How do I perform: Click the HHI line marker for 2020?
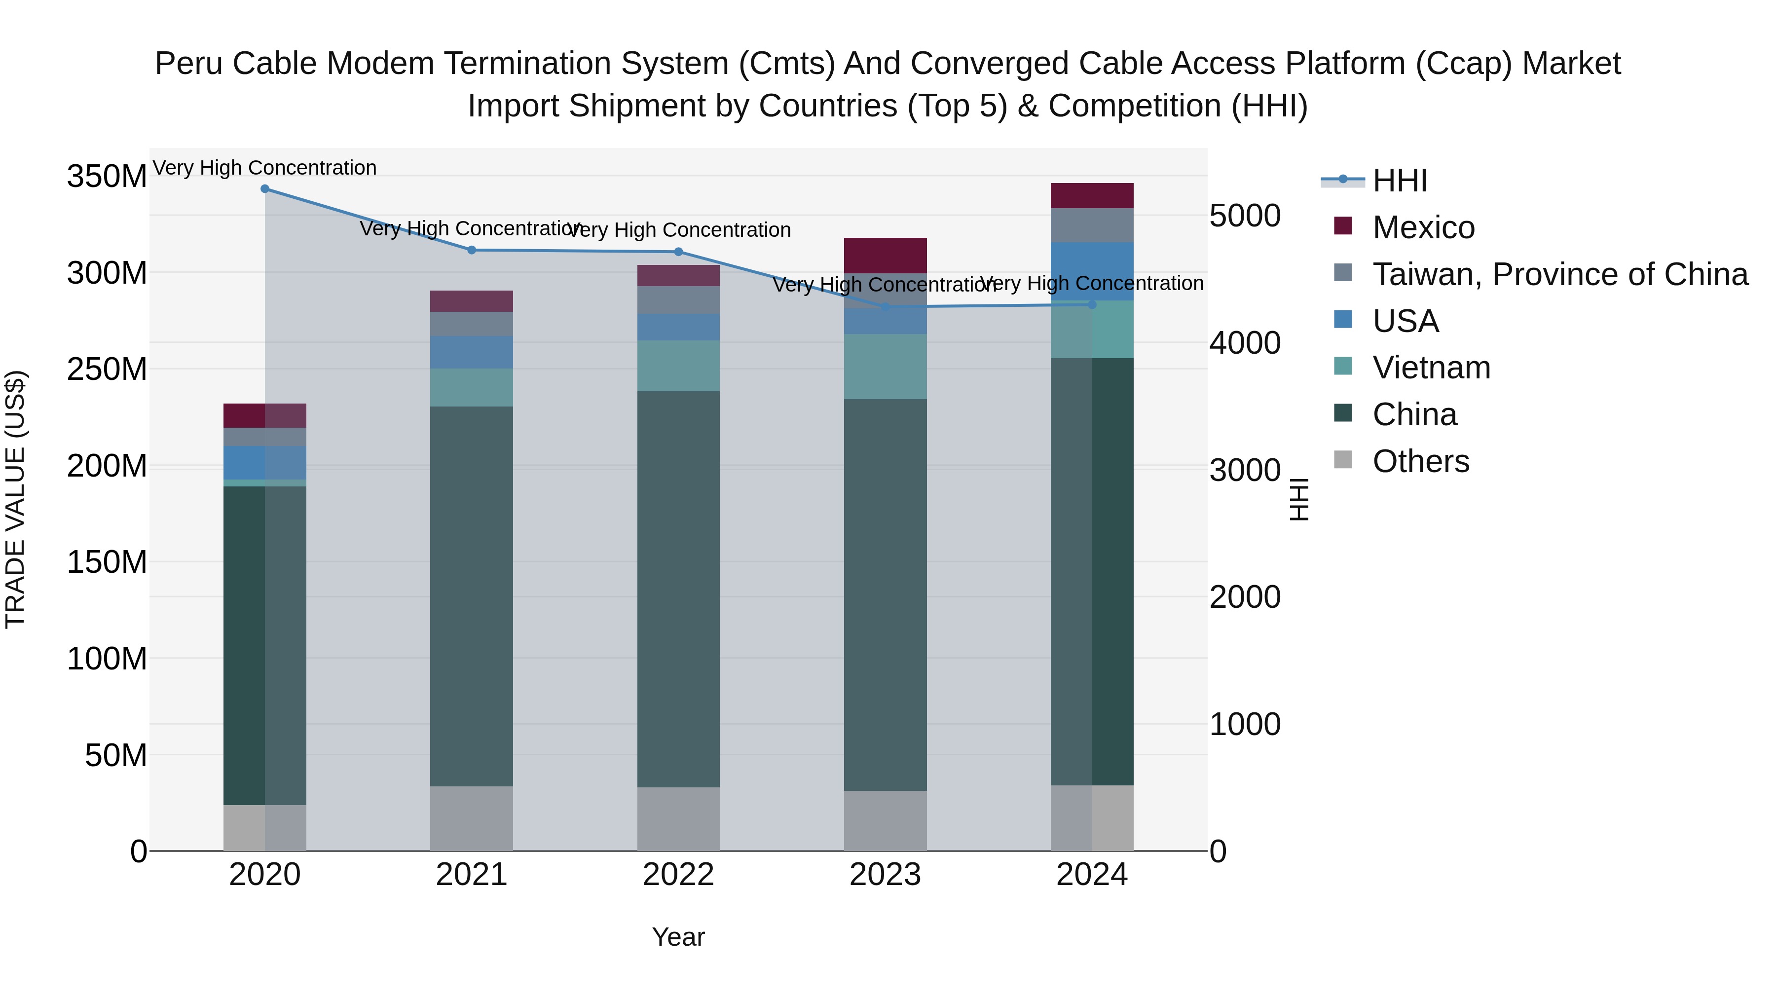coord(265,189)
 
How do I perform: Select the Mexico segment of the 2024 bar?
coord(1092,196)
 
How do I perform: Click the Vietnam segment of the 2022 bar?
coord(678,366)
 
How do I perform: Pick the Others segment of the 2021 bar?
coord(472,818)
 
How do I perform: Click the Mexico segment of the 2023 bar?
coord(885,256)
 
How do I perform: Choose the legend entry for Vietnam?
coord(1431,368)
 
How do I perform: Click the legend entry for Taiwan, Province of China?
coord(1559,274)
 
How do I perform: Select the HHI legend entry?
coord(1399,181)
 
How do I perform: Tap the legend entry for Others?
coord(1420,461)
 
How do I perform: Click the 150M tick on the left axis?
coord(107,562)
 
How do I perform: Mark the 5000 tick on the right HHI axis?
coord(1245,216)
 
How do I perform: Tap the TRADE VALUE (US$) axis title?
coord(15,499)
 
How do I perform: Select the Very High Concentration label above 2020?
coord(265,168)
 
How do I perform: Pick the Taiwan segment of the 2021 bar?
coord(472,324)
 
